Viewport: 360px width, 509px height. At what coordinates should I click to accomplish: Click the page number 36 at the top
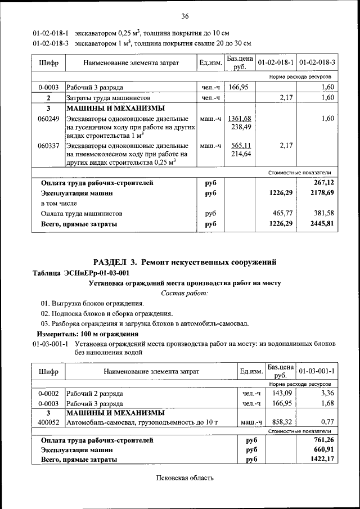coord(185,15)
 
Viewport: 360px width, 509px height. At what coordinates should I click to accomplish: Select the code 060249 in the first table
coord(48,119)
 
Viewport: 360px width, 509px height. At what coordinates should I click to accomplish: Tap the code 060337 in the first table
coord(48,145)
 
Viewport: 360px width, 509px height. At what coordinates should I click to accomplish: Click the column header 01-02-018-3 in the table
coord(317,62)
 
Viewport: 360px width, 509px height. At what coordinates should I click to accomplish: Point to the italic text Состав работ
coord(184,294)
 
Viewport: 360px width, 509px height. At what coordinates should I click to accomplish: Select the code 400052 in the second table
coord(48,422)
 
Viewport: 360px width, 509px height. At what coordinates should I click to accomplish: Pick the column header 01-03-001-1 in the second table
coord(317,371)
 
